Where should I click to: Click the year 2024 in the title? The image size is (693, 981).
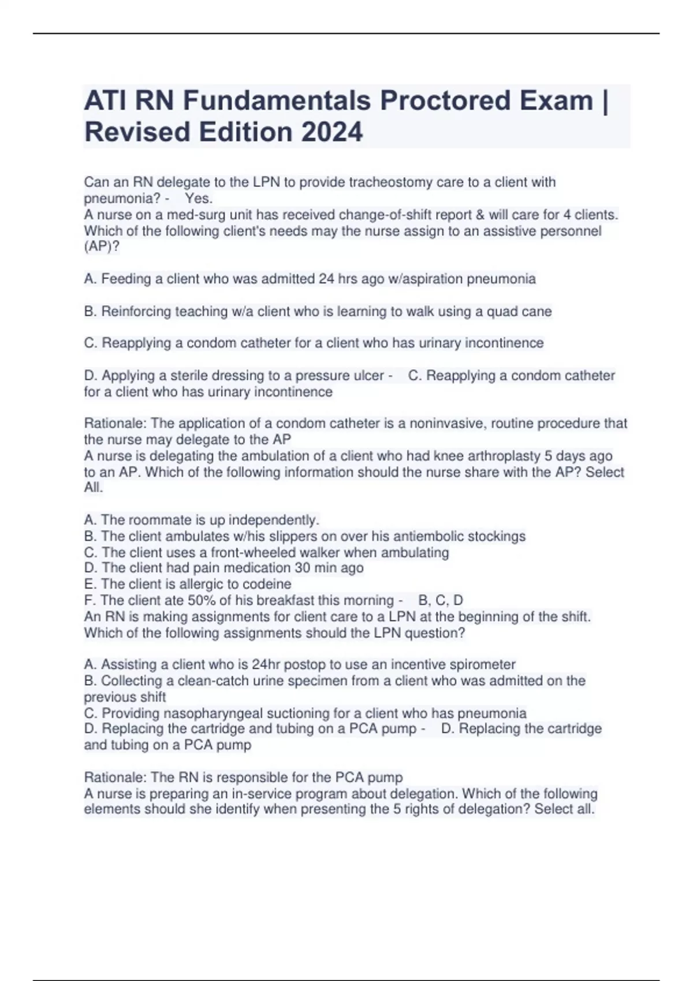[x=331, y=132]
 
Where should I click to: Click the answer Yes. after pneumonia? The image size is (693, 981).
[x=199, y=199]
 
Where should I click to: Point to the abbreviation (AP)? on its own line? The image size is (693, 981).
[x=102, y=247]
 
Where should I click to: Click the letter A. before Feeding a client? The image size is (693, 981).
[x=91, y=279]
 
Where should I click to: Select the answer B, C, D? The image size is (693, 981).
[x=441, y=600]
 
